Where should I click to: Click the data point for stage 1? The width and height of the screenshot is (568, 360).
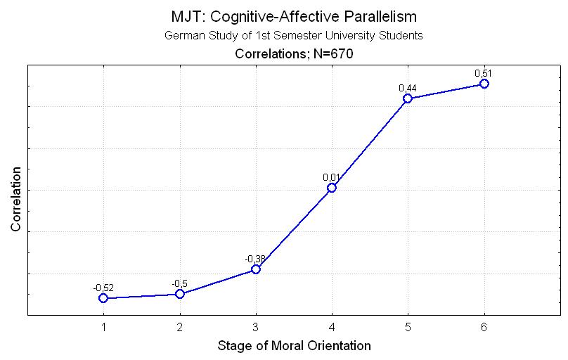point(103,298)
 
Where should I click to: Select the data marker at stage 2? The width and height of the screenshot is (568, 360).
point(180,294)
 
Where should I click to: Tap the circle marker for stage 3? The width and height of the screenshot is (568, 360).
point(256,269)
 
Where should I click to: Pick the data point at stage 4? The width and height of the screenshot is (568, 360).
point(332,188)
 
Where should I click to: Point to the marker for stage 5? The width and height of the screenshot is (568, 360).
point(408,98)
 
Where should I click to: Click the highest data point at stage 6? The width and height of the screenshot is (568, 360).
point(484,84)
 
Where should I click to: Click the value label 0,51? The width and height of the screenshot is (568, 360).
point(482,73)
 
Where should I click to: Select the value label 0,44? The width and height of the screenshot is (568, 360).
point(406,88)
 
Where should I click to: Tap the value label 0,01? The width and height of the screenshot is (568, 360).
point(330,177)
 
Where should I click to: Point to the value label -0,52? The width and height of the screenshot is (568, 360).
point(103,288)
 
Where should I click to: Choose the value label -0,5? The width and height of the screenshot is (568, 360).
point(179,283)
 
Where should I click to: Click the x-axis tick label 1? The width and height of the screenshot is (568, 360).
point(103,327)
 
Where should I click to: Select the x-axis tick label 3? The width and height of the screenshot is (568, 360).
point(256,327)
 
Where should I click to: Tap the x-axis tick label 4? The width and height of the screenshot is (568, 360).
point(332,327)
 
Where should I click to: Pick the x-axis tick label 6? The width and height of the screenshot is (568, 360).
point(484,327)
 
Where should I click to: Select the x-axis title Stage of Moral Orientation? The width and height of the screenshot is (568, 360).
point(294,345)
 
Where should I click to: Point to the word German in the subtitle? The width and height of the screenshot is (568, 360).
point(182,35)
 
